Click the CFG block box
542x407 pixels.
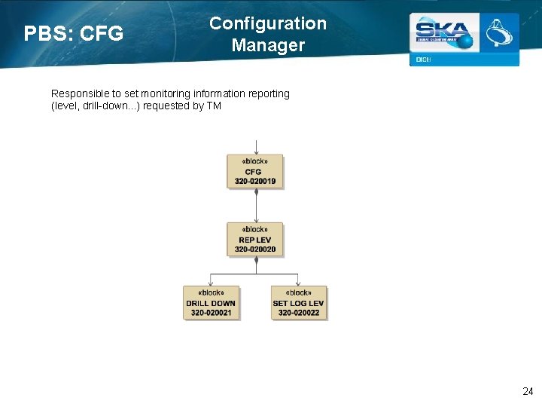coord(255,171)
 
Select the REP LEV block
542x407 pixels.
coord(255,239)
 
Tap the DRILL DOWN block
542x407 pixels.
coord(211,302)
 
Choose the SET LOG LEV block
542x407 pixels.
coord(299,302)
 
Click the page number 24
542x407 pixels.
coord(528,391)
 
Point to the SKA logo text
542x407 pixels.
coord(443,32)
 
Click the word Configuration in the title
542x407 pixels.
coord(268,23)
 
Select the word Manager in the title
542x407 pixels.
coord(268,45)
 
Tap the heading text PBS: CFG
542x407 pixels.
coord(73,34)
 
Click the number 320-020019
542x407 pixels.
coord(255,182)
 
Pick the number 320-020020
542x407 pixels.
coord(255,249)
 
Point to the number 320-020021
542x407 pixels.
coord(211,313)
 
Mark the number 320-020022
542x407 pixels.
coord(299,313)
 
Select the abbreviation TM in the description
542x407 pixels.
coord(214,106)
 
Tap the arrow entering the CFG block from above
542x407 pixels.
coord(257,147)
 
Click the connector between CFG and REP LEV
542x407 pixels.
coord(257,204)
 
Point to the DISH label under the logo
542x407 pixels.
coord(423,60)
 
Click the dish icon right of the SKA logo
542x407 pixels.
coord(498,33)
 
